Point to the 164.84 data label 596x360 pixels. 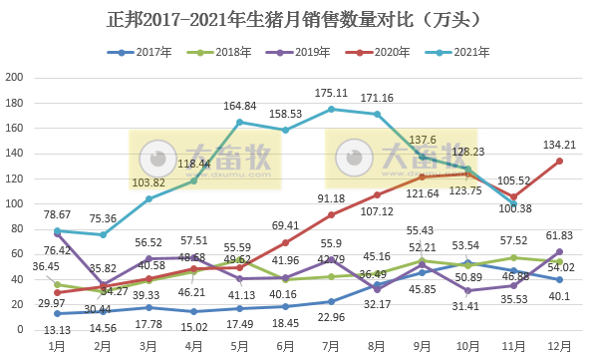coord(239,106)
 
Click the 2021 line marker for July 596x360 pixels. coord(331,109)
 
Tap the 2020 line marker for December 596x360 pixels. coord(559,161)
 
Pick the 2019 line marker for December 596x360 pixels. coord(559,251)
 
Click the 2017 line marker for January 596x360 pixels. coord(57,313)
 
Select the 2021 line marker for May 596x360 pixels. coord(239,122)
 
